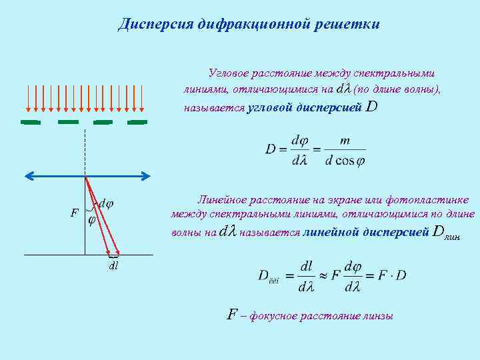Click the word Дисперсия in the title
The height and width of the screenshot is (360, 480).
click(x=155, y=25)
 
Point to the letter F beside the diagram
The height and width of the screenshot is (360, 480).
click(x=75, y=213)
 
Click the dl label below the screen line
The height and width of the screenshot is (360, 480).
click(x=114, y=265)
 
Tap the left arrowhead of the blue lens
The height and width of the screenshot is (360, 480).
click(x=29, y=176)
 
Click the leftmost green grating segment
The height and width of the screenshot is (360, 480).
click(x=31, y=122)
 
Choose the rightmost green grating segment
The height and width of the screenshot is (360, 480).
click(x=137, y=122)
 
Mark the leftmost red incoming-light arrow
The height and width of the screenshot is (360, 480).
click(x=28, y=98)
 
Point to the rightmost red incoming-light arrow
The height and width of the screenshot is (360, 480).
click(x=142, y=98)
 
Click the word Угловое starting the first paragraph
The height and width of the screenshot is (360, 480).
click(x=229, y=72)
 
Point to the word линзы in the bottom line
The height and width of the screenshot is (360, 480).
click(x=379, y=315)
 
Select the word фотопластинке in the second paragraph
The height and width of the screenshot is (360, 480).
click(x=435, y=200)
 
